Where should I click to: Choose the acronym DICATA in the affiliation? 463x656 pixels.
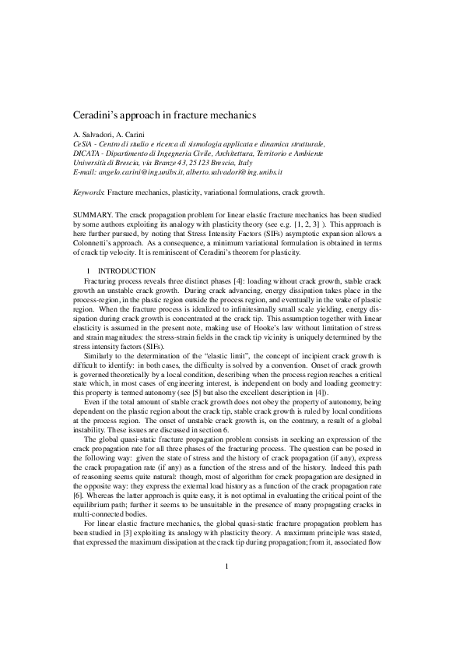(x=75, y=153)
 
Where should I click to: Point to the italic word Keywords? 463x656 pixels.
(x=79, y=191)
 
